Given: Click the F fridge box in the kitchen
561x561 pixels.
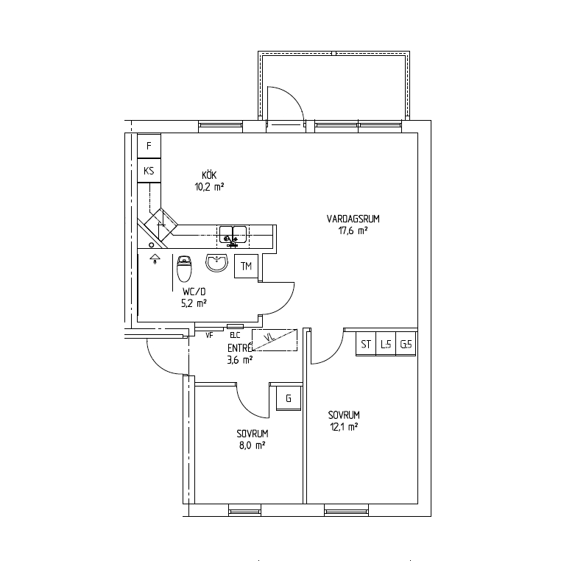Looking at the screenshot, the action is coord(149,146).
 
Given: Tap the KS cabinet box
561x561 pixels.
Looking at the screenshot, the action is coord(149,171).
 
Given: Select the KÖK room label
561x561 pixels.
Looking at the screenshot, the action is coord(209,175).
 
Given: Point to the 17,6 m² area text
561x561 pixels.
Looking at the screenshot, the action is coord(353,230).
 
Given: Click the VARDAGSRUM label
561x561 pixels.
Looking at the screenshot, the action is coord(353,219).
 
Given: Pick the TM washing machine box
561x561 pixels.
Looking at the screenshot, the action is coord(246,267).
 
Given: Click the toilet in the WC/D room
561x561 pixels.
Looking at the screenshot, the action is coord(185,269).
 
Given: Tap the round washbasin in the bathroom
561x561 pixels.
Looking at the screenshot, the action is coord(216,263).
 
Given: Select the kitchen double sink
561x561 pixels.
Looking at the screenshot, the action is coord(233,236).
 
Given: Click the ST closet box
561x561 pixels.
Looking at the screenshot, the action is coord(366,345).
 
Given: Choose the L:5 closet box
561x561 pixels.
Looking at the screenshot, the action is coord(386,345).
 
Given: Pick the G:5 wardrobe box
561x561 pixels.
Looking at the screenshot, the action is coord(406,345).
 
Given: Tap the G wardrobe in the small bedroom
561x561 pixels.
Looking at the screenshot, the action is coord(289,398).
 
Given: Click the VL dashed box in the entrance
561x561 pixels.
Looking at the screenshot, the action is coord(275,340).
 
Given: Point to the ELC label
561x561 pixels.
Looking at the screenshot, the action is coord(235,335).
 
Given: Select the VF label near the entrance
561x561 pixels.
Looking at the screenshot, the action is coord(209,335).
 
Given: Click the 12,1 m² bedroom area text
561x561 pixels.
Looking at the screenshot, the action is coord(345,427).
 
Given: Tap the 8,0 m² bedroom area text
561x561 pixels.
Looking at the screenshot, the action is coord(253,445).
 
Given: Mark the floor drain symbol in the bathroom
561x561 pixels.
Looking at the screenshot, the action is coord(155,258).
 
